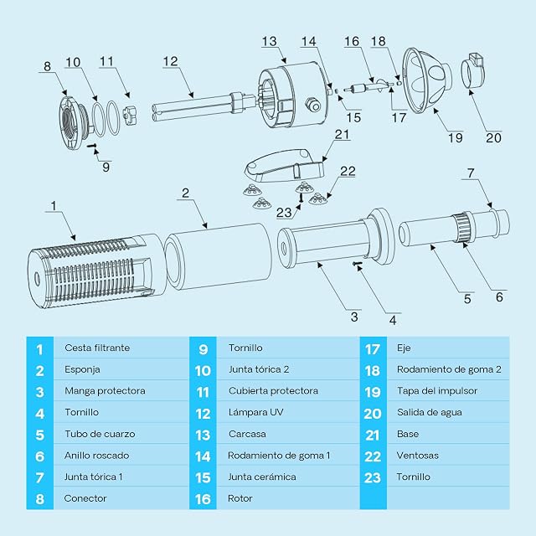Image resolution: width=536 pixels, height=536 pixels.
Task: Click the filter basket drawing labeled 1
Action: click(95, 271)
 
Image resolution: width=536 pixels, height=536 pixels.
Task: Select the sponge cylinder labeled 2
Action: click(219, 255)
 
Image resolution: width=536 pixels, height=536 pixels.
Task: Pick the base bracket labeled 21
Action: click(285, 165)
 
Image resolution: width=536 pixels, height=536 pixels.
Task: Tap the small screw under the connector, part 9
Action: click(92, 146)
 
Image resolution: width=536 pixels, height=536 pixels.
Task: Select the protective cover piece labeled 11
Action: click(130, 115)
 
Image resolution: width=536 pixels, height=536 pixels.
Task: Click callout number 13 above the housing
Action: click(269, 42)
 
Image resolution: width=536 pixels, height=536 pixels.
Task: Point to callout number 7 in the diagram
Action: click(471, 173)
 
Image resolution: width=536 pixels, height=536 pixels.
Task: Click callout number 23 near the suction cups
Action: click(284, 213)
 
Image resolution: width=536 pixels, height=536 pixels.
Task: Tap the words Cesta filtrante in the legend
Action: click(97, 348)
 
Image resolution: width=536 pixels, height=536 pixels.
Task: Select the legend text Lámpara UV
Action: click(255, 413)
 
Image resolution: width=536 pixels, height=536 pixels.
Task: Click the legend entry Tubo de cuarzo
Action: click(100, 434)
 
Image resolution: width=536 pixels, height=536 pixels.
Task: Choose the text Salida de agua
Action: click(430, 413)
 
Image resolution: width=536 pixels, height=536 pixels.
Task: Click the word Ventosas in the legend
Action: click(417, 456)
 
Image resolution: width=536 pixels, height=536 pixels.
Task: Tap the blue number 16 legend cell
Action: click(203, 499)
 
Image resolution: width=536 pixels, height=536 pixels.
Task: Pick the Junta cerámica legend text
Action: click(262, 477)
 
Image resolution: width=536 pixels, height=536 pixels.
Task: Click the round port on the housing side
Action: click(312, 104)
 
